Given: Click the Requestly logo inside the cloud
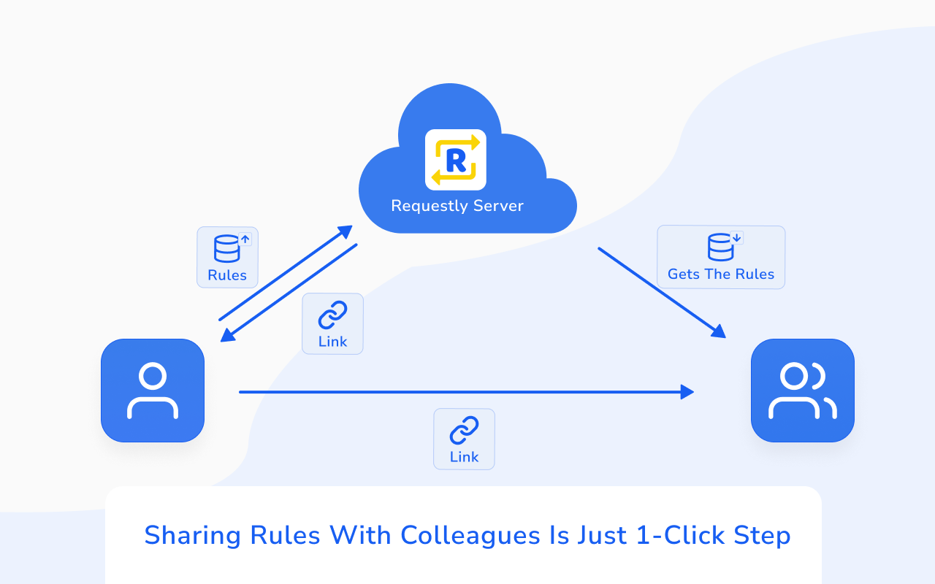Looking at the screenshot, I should pyautogui.click(x=456, y=160).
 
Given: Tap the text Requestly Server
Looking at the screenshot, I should pyautogui.click(x=457, y=206).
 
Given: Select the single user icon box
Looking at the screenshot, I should pyautogui.click(x=153, y=391).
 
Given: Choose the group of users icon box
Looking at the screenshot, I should pyautogui.click(x=802, y=391).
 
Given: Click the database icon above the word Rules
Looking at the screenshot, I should pyautogui.click(x=227, y=248).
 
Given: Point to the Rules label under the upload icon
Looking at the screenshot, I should pyautogui.click(x=227, y=275).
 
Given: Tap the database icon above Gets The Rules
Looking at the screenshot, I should pyautogui.click(x=721, y=247).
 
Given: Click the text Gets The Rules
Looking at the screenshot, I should pyautogui.click(x=721, y=274).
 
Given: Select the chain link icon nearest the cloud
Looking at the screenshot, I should pyautogui.click(x=332, y=315).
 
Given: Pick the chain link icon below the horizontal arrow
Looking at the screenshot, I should pyautogui.click(x=464, y=430).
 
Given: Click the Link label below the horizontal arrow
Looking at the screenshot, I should pyautogui.click(x=464, y=457).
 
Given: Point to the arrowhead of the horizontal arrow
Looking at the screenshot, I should pyautogui.click(x=687, y=392).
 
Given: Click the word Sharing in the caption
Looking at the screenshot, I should pyautogui.click(x=193, y=536).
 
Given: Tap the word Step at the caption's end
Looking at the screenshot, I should pyautogui.click(x=763, y=536).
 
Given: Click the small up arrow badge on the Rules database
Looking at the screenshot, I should pyautogui.click(x=245, y=239).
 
